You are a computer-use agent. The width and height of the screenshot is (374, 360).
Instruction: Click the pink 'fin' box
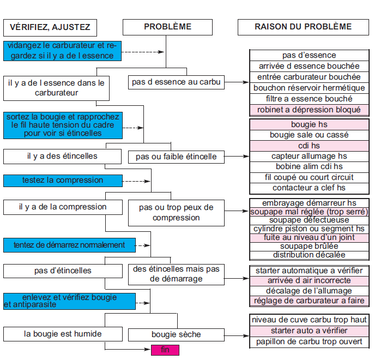(165, 350)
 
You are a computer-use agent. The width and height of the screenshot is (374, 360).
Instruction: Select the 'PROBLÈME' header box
(167, 27)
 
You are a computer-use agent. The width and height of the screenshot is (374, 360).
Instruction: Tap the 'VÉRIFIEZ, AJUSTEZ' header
(50, 28)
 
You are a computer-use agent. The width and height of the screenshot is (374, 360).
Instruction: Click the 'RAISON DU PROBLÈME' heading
(303, 27)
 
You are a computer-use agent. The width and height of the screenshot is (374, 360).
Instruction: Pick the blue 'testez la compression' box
(63, 181)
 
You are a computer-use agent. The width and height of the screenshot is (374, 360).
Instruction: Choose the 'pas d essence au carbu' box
(176, 82)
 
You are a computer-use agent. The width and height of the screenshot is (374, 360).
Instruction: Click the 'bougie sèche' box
(176, 335)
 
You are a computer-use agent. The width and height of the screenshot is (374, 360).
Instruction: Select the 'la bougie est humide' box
(63, 334)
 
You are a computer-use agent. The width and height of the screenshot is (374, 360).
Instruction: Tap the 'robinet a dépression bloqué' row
(309, 110)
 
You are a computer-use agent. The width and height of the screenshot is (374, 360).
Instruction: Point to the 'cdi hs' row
(309, 146)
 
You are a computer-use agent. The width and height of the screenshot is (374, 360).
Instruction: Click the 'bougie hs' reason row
(309, 124)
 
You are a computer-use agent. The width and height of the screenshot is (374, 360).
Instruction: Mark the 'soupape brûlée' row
(309, 247)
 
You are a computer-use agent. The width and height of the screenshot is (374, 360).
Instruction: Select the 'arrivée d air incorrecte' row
(309, 281)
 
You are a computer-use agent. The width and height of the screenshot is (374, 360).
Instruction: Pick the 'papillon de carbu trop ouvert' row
(309, 342)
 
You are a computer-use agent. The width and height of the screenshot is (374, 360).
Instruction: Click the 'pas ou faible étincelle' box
(176, 157)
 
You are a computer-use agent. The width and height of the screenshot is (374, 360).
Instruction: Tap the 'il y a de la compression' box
(63, 207)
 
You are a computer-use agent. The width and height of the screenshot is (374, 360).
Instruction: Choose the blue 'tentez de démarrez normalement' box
(69, 245)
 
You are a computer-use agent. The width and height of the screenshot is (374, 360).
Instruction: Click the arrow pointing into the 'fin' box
(128, 350)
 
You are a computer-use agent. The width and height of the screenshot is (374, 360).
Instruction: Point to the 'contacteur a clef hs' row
(309, 188)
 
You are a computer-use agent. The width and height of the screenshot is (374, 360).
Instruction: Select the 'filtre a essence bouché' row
(309, 99)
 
